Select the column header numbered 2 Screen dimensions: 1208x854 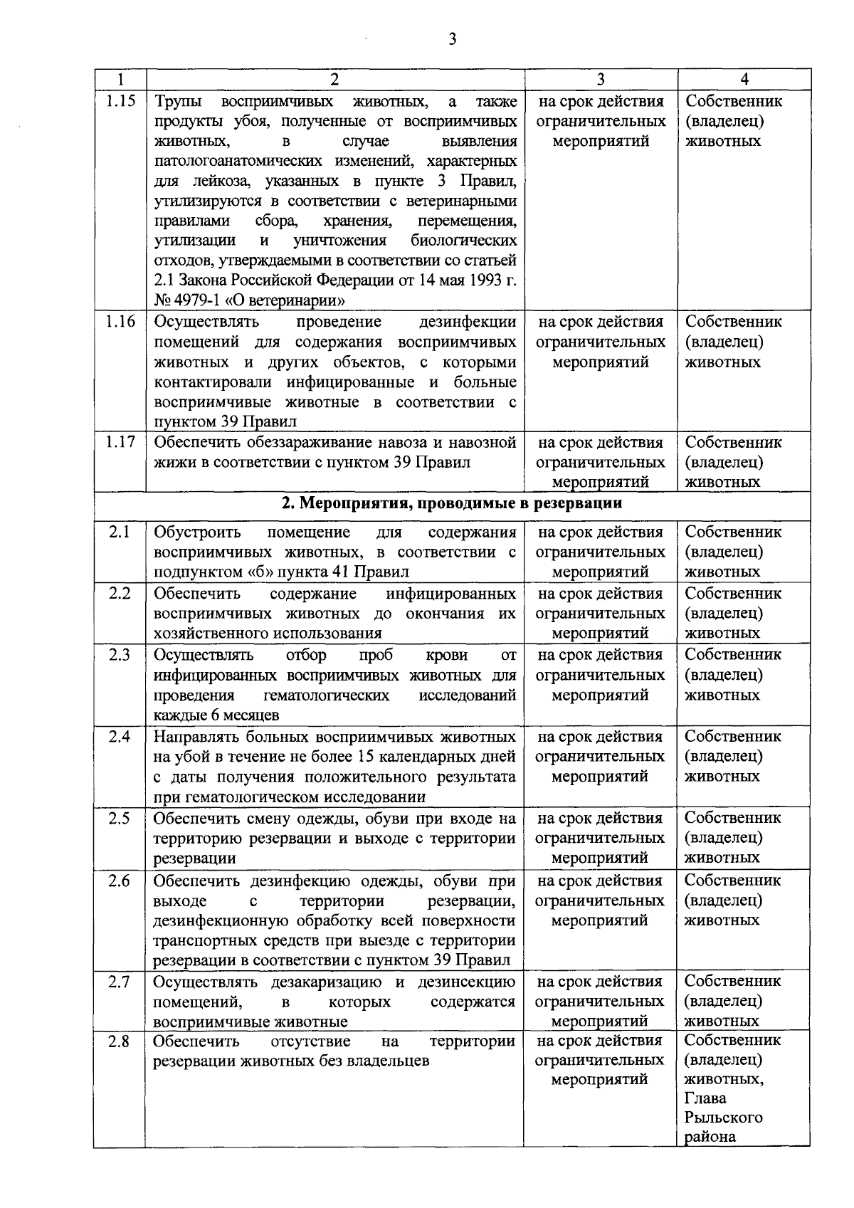334,79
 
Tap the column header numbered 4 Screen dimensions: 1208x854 744,79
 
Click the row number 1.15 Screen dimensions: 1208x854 120,100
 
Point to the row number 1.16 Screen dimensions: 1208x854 120,321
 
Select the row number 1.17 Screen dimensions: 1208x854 120,442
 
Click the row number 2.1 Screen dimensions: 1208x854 120,532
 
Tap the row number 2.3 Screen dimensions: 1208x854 120,654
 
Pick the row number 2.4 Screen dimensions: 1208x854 120,736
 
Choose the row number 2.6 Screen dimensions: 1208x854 120,881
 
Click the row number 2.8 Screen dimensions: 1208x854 120,1041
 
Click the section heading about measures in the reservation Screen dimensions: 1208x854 452,504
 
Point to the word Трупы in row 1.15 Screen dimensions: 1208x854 178,101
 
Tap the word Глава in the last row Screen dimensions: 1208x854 705,1098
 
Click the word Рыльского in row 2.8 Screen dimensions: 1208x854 723,1118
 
